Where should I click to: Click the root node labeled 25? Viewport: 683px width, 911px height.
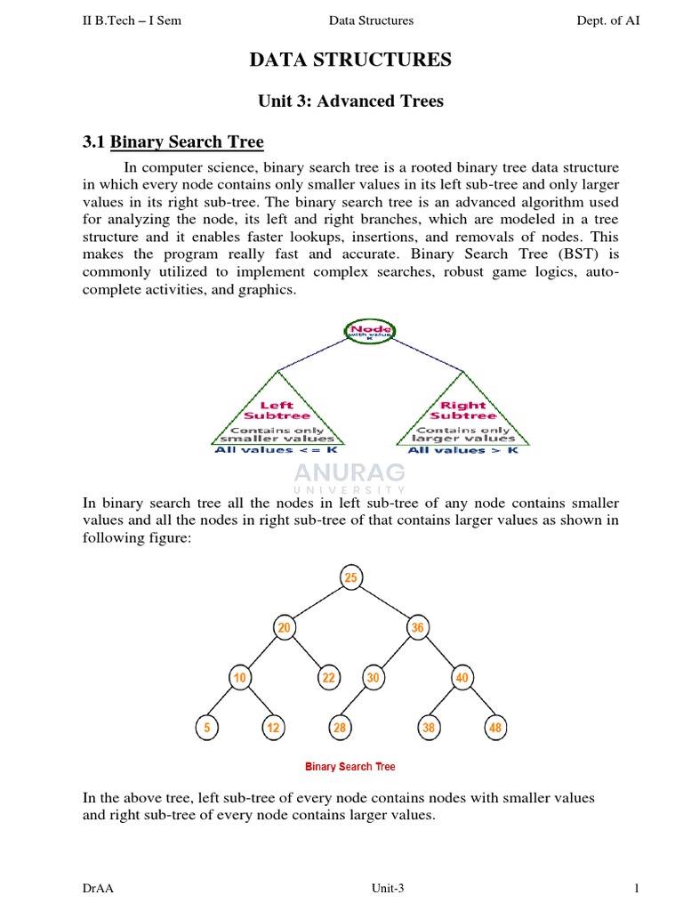(x=350, y=578)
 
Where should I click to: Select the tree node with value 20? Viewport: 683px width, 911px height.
(x=284, y=628)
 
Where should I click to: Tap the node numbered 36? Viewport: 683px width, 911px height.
(x=417, y=628)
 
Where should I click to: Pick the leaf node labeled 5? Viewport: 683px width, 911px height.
(x=206, y=728)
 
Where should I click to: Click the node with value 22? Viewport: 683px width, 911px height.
(x=328, y=678)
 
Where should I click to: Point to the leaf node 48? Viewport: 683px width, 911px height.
(x=494, y=728)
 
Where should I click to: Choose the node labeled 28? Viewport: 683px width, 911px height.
(x=340, y=728)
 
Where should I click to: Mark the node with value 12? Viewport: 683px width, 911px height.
(x=273, y=728)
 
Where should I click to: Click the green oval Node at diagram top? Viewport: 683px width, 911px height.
(x=370, y=331)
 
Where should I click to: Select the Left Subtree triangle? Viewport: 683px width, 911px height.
(x=277, y=413)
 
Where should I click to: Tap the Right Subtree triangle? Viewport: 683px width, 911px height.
(x=463, y=413)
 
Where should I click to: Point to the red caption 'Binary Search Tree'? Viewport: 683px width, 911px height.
(x=350, y=766)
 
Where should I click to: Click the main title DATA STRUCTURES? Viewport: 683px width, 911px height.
(x=350, y=60)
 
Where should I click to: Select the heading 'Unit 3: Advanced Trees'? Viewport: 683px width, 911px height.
(x=350, y=101)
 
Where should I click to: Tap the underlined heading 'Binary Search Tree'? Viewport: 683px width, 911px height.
(x=187, y=142)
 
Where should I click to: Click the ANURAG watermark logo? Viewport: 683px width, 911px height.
(x=350, y=473)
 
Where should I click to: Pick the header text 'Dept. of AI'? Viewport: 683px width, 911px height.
(x=608, y=20)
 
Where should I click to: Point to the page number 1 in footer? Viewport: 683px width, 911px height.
(x=637, y=888)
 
